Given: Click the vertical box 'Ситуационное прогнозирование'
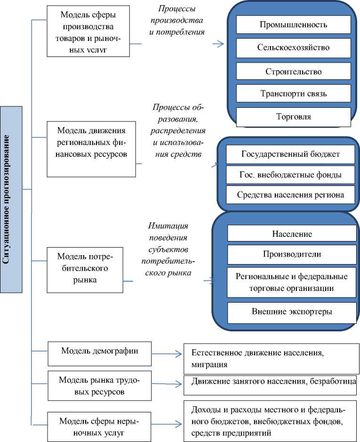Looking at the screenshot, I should coord(11,199).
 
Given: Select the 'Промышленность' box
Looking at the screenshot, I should coord(293,24).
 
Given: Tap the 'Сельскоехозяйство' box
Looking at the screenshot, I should coord(293,48).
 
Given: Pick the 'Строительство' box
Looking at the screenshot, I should coord(293,71).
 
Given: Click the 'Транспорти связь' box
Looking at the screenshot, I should coord(293,94).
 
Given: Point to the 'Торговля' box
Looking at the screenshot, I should coord(293,117).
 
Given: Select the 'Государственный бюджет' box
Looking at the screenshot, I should coord(290,154).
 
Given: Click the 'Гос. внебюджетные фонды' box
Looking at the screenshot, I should coord(290,175).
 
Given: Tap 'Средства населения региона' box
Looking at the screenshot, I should coord(290,194).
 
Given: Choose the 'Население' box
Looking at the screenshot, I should coord(292,233).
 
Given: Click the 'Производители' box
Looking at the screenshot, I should coord(292,254).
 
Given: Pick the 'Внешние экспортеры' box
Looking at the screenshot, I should coord(292,312).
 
